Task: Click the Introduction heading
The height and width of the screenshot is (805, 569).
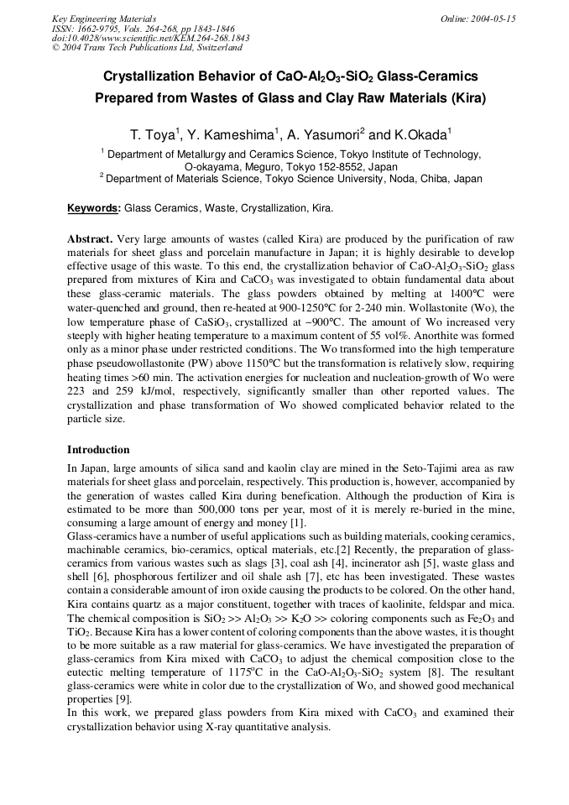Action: click(98, 449)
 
